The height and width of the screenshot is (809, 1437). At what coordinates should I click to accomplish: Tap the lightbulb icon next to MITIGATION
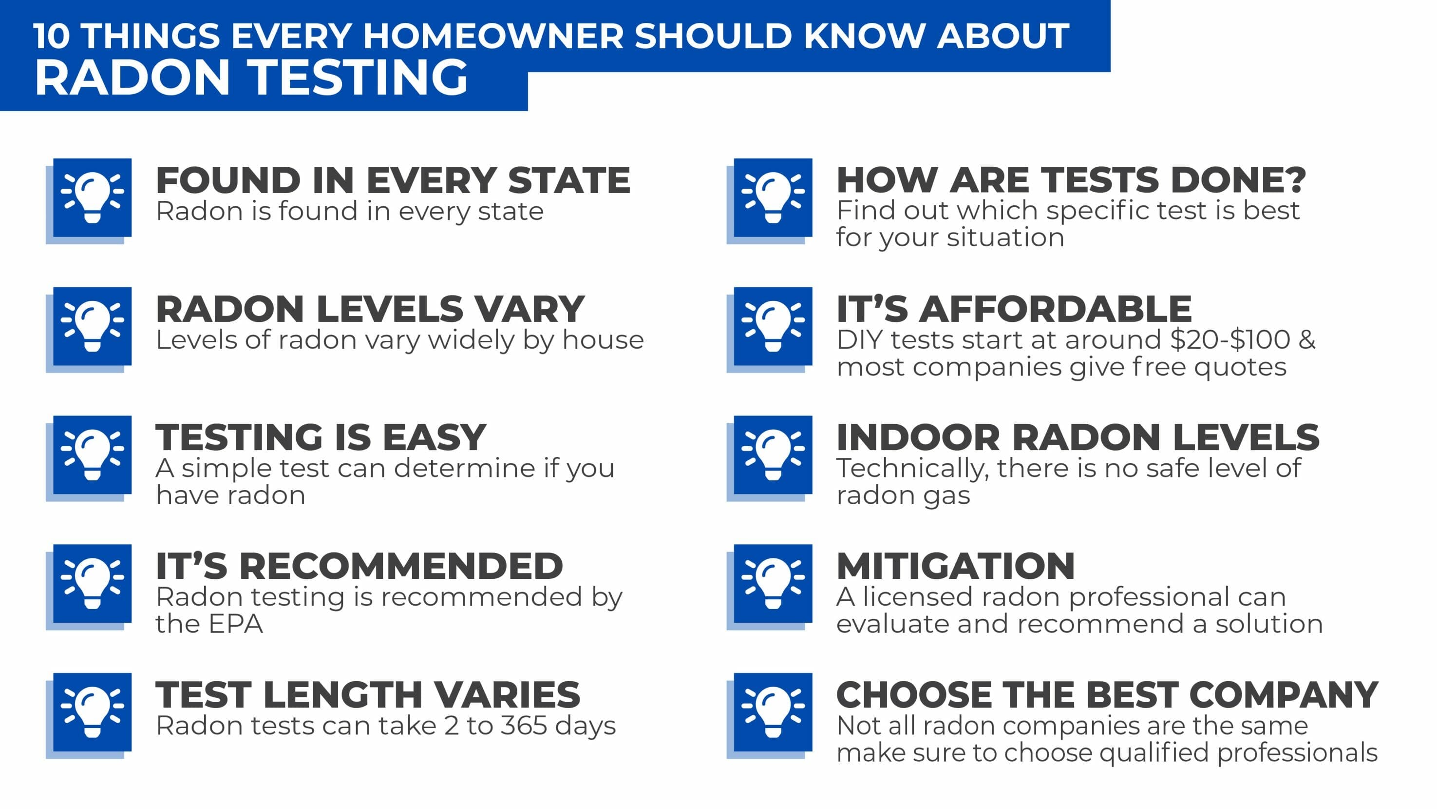[x=773, y=583]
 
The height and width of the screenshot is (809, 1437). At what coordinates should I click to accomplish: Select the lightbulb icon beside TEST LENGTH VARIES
[x=92, y=712]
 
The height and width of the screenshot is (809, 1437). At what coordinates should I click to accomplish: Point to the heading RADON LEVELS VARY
[x=370, y=309]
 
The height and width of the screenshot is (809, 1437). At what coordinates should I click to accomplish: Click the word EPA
[x=236, y=624]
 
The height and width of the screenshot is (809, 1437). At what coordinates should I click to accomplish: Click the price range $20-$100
[x=1230, y=339]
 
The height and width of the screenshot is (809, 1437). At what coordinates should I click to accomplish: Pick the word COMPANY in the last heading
[x=1284, y=694]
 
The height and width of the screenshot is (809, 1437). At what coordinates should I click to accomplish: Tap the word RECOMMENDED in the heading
[x=401, y=566]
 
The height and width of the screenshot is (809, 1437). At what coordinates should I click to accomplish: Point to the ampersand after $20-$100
[x=1307, y=339]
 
